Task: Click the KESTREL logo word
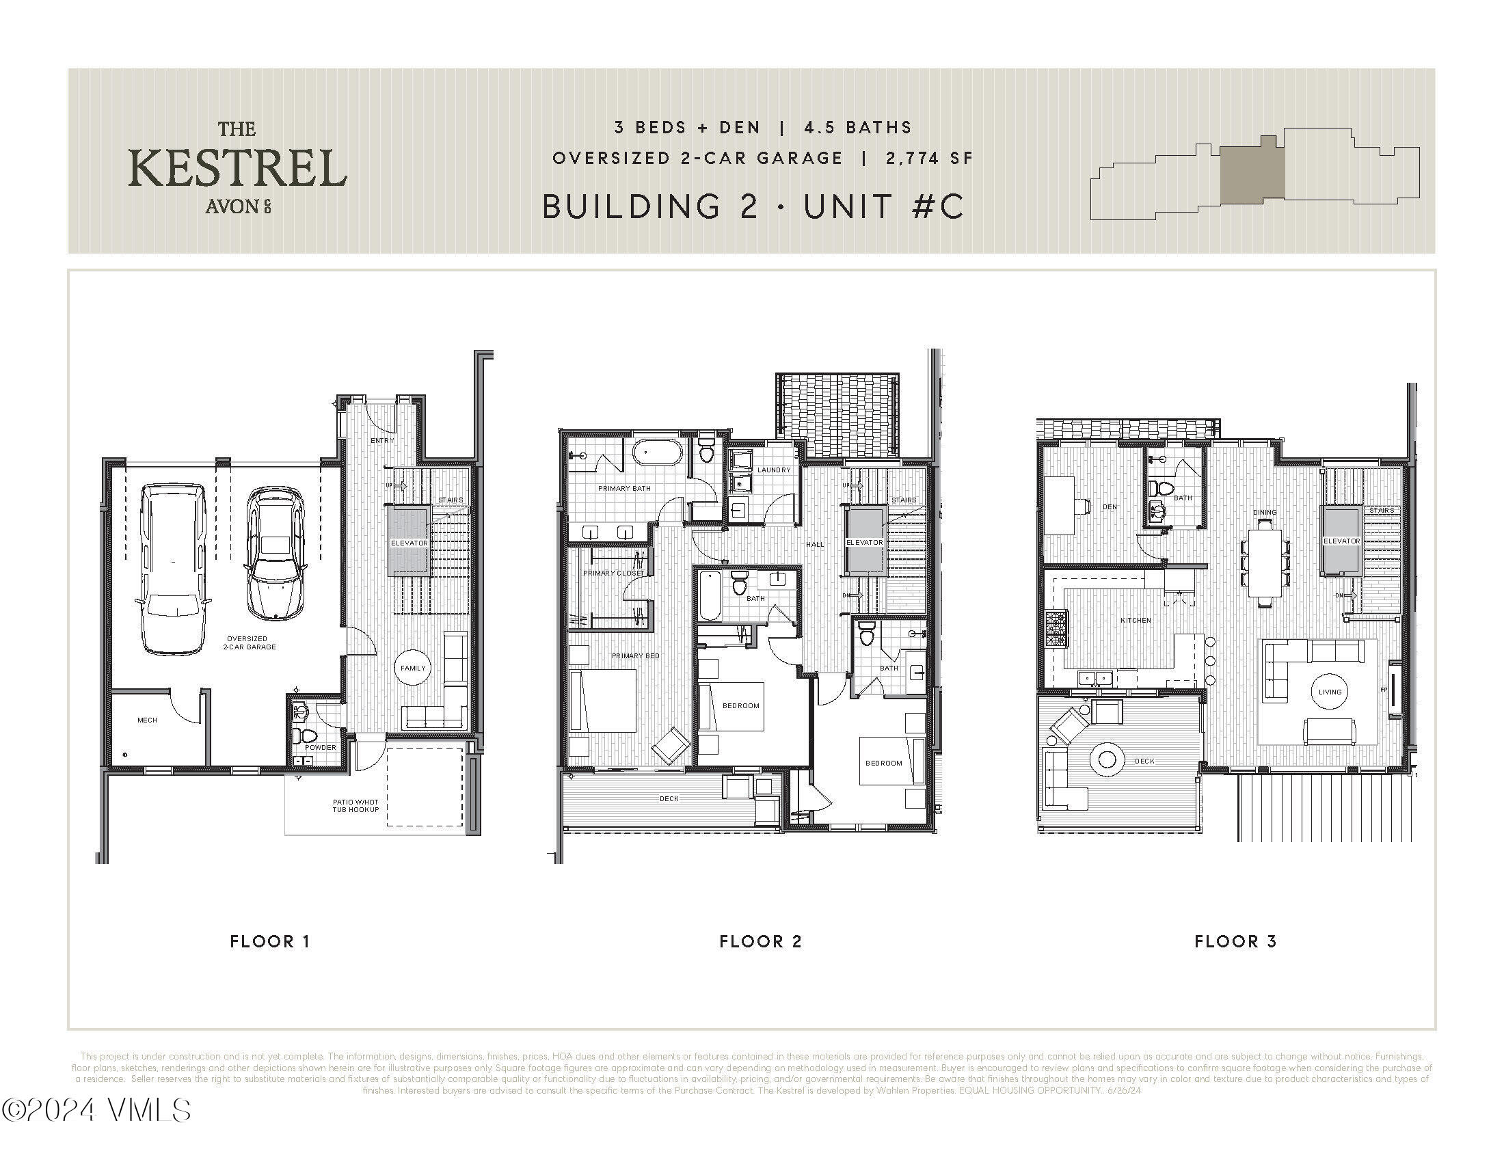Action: coord(238,168)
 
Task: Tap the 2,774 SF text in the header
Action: coord(930,159)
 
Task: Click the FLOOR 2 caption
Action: coord(760,941)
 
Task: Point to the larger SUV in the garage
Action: coord(173,569)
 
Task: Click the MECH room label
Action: coord(148,720)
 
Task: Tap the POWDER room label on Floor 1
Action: coord(320,747)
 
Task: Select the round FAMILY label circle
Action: coord(413,668)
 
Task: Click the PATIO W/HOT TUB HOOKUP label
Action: coord(355,805)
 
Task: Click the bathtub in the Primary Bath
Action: coord(657,454)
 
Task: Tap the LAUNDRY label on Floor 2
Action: coord(773,470)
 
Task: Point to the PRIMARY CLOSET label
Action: coord(614,573)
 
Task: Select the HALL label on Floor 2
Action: coord(815,545)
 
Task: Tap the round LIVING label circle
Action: coord(1330,692)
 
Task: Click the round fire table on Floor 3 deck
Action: coord(1107,760)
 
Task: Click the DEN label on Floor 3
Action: coord(1110,506)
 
